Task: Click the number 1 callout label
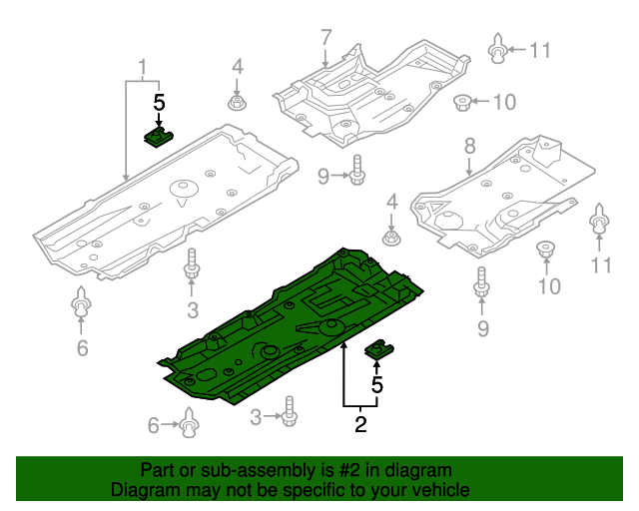point(142,67)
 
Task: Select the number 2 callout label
point(360,424)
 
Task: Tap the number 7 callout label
point(325,38)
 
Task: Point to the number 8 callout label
point(469,148)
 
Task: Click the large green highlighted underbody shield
point(300,319)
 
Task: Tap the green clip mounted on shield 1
point(158,136)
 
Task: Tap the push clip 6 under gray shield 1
point(82,303)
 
